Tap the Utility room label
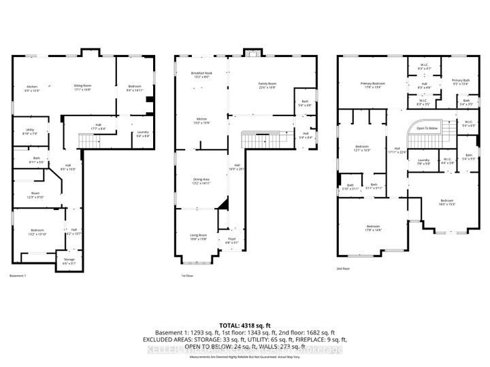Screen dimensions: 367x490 (30, 131)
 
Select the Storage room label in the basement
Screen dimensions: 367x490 (69, 260)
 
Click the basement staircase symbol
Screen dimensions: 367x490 (87, 141)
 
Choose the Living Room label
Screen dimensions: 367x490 (198, 237)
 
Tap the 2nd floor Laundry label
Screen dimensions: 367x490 (423, 162)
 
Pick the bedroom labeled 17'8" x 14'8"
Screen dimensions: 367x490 (373, 228)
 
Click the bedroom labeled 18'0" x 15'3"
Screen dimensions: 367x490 (446, 202)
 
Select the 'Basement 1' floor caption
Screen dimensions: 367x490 (18, 276)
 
